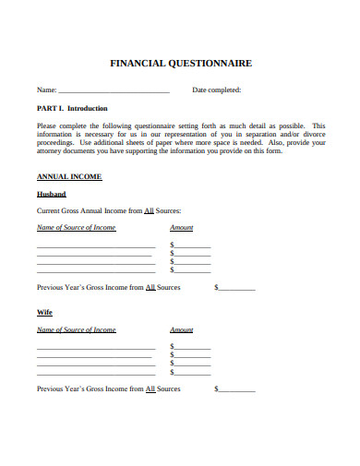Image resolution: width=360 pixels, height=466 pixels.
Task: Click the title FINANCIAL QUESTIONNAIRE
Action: click(180, 65)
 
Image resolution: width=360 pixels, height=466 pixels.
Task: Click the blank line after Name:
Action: click(114, 91)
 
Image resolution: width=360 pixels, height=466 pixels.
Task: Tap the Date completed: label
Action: click(216, 90)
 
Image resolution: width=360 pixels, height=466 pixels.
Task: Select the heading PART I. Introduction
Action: click(72, 108)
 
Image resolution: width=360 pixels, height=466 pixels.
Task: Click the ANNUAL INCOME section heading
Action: click(68, 176)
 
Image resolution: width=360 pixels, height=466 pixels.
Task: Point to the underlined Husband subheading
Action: click(51, 195)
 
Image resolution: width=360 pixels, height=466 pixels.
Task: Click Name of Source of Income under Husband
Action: click(76, 228)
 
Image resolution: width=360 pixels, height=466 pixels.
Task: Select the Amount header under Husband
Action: click(182, 228)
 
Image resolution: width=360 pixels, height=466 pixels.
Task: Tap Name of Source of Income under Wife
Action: click(76, 330)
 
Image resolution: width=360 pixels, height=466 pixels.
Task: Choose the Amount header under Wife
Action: click(182, 330)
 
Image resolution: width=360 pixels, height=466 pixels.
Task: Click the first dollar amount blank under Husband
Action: click(193, 245)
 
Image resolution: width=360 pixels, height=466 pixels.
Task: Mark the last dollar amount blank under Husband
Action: click(193, 271)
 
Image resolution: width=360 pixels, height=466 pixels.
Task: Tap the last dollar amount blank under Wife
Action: click(193, 374)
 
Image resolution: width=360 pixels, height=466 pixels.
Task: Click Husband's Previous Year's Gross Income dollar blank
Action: click(236, 288)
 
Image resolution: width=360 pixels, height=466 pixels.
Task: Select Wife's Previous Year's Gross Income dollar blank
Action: click(236, 390)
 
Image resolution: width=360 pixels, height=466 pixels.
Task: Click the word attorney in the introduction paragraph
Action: click(51, 151)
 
